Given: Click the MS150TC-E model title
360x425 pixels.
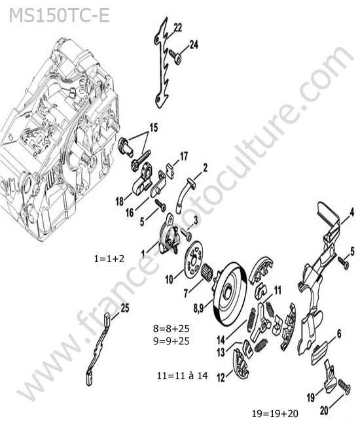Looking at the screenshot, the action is (x=59, y=15).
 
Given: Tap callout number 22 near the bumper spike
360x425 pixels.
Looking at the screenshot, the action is (x=177, y=27).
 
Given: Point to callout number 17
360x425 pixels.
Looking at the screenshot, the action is (x=184, y=156).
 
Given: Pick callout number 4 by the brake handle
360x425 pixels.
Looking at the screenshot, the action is (x=351, y=212).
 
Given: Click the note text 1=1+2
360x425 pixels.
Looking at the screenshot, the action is (x=109, y=259).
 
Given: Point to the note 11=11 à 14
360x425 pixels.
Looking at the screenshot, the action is (x=183, y=376).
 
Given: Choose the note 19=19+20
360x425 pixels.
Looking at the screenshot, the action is (x=275, y=414).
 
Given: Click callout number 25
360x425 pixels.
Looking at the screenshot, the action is (x=125, y=308).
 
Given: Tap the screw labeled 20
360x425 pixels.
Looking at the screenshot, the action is (x=344, y=386).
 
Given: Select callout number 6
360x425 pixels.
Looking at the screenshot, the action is (x=339, y=334).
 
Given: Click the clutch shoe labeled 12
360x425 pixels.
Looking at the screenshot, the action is (x=241, y=363).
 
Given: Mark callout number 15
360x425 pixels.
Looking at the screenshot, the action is (x=154, y=127).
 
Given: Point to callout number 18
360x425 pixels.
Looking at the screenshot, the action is (x=119, y=201).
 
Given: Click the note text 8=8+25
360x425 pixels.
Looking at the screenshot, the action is (x=171, y=328).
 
